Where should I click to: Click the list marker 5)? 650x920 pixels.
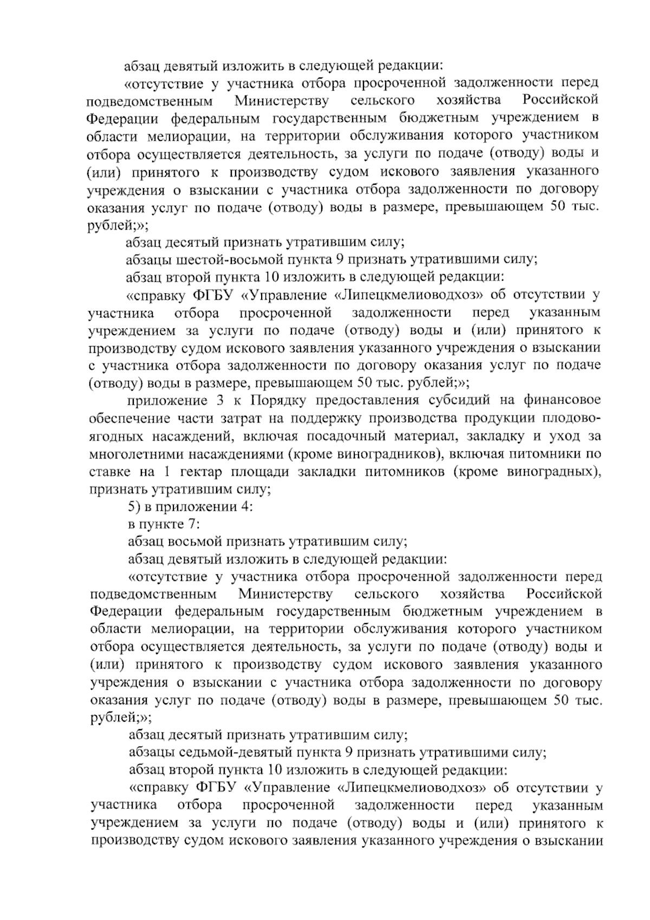134,507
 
